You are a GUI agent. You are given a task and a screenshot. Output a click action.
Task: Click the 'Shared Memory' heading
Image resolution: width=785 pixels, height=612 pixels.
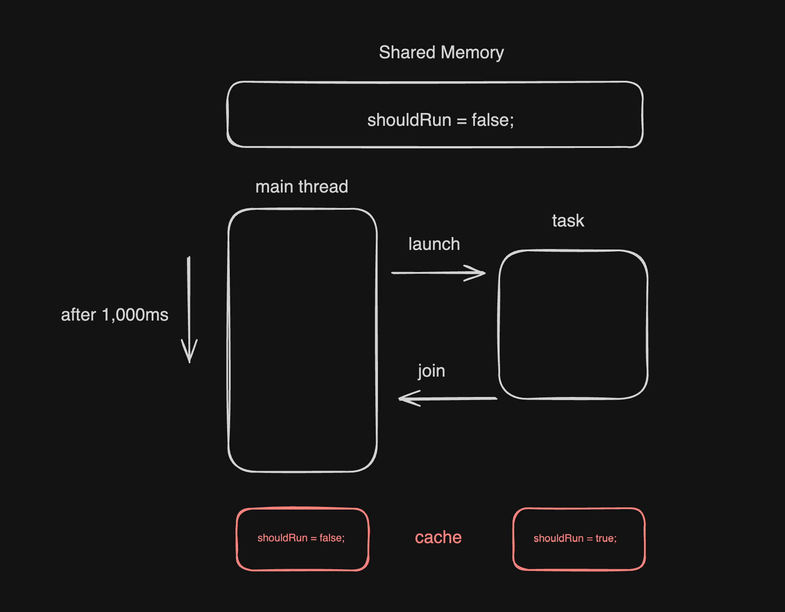click(x=441, y=53)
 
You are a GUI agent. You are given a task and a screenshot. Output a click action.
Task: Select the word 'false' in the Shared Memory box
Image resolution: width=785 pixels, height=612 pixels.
click(x=490, y=120)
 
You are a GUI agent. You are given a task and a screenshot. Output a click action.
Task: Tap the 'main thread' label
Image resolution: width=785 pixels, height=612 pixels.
click(x=302, y=187)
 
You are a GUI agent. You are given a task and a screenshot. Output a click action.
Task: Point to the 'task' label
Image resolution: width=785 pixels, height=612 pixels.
click(x=568, y=221)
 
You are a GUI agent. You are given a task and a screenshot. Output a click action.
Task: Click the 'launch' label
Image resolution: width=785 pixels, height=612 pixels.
click(x=434, y=244)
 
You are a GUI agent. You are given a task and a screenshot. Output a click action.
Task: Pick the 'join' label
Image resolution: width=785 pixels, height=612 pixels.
click(x=431, y=371)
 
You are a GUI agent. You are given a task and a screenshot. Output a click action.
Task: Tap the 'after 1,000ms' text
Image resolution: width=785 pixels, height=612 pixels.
click(x=115, y=315)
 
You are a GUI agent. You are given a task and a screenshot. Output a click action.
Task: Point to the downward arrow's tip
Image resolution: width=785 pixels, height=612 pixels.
click(x=189, y=360)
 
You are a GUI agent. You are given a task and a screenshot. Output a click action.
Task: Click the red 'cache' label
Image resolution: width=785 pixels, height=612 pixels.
click(x=438, y=537)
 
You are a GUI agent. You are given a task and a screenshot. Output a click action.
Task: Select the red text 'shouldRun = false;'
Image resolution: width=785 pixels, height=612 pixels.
click(x=301, y=538)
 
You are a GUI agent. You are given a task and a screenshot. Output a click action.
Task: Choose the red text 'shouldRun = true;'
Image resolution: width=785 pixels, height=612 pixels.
click(x=575, y=538)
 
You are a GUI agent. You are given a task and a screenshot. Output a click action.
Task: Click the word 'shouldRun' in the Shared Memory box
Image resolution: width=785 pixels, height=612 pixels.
click(x=409, y=120)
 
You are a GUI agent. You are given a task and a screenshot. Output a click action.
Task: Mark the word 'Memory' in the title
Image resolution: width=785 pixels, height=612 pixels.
click(x=472, y=53)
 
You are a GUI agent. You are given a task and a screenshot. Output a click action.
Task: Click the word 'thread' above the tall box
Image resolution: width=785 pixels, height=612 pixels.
click(x=323, y=187)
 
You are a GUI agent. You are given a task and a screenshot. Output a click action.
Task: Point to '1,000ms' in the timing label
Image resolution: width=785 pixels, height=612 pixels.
click(x=135, y=315)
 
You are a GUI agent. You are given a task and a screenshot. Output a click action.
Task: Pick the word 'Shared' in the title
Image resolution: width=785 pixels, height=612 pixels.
click(x=407, y=53)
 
